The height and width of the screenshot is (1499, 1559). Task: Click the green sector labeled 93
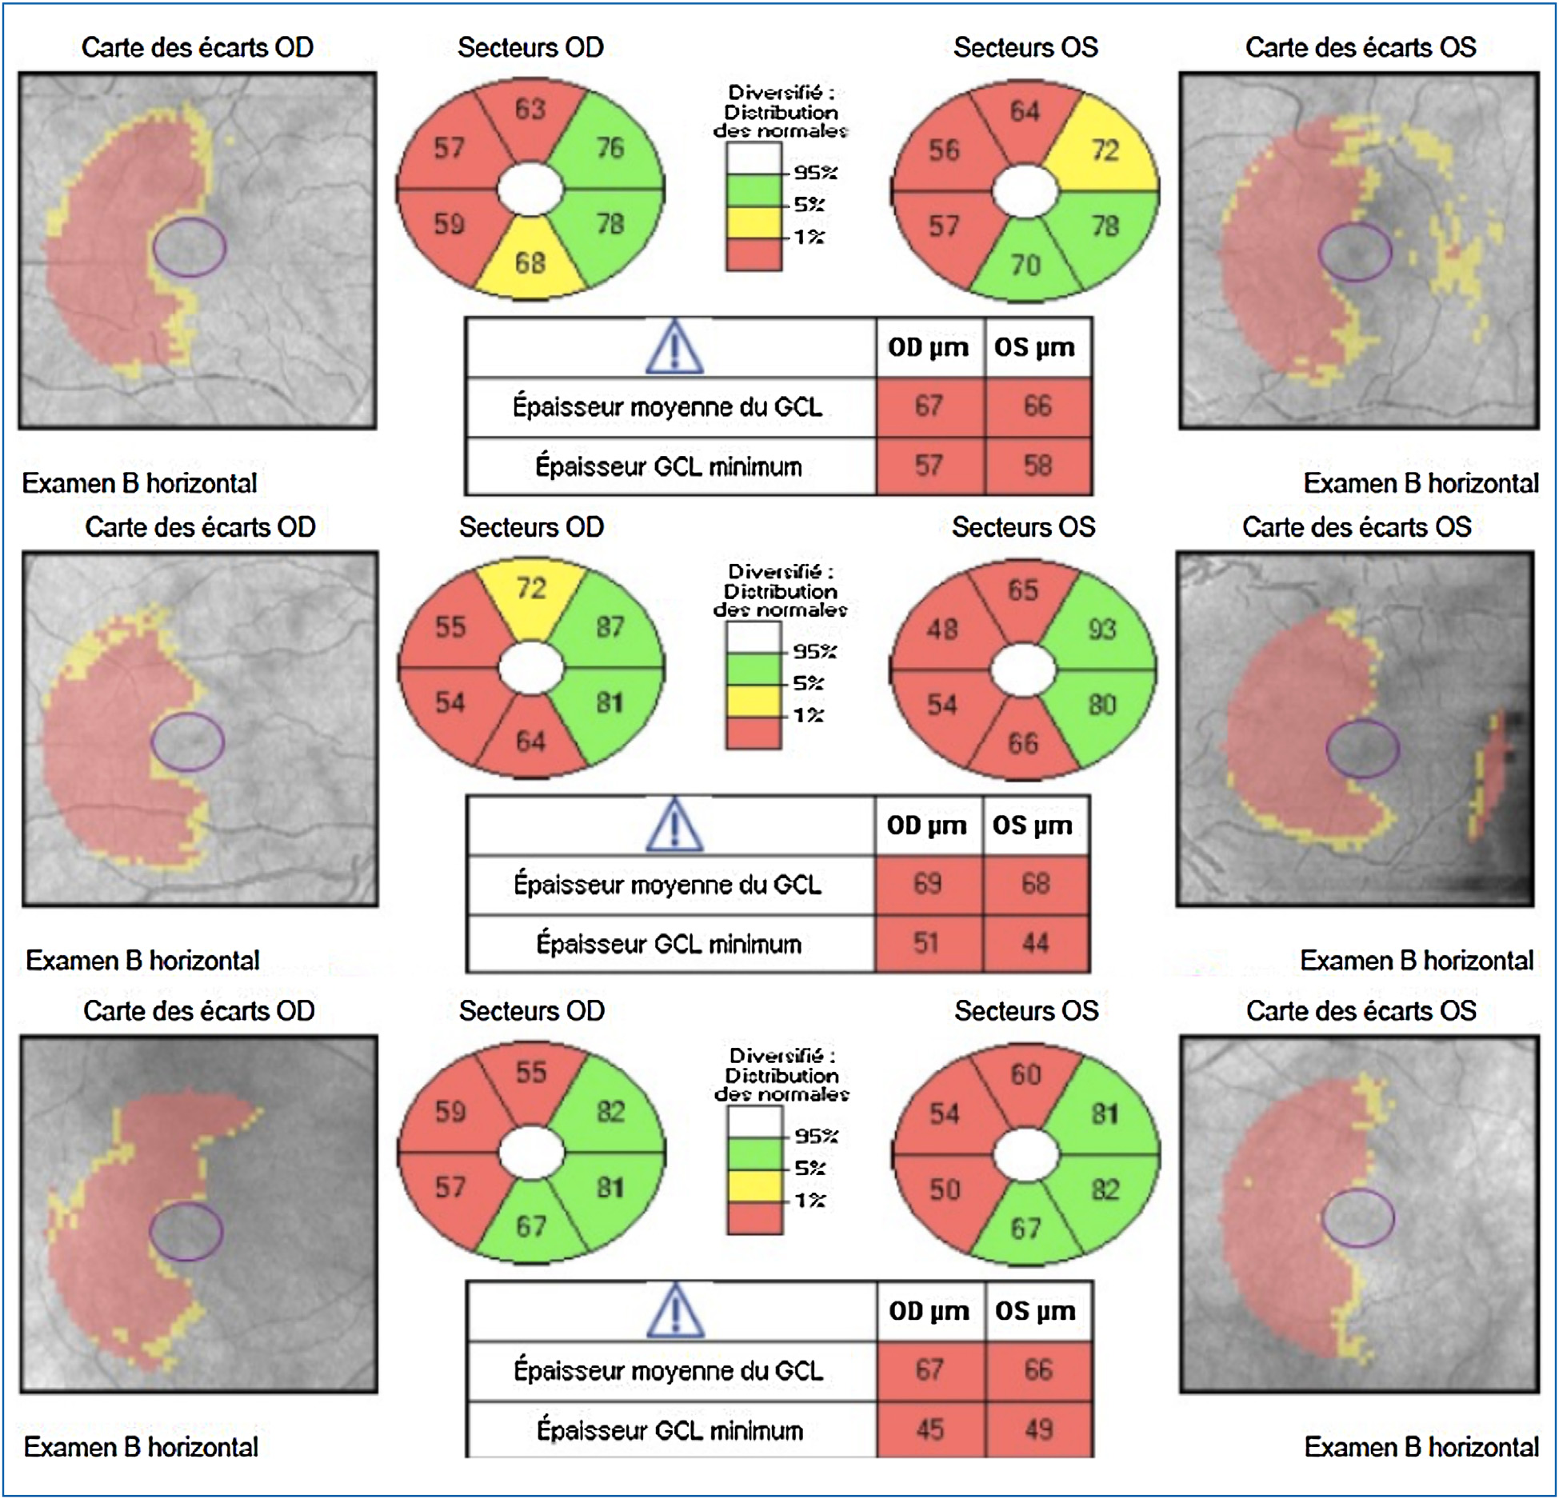coord(1102,629)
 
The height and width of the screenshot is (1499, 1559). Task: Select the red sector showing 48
coord(942,629)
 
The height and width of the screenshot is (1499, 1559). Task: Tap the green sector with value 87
coord(610,626)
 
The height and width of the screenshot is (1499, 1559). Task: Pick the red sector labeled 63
coord(530,109)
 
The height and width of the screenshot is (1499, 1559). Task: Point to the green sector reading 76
coord(610,147)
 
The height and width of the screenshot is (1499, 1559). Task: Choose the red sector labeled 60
coord(1025,1073)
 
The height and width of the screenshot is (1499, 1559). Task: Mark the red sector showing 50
coord(944,1189)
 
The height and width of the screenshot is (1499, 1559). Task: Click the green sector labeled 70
coord(1025,264)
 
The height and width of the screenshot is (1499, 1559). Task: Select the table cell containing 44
coord(1035,943)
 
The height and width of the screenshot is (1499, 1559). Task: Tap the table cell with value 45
coord(929,1429)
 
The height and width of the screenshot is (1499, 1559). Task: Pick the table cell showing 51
coord(926,943)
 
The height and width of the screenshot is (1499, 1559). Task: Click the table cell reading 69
coord(927,884)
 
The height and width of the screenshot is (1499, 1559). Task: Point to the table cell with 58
coord(1037,466)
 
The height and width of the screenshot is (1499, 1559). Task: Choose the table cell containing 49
coord(1038,1429)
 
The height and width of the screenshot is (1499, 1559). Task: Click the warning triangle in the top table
coord(674,349)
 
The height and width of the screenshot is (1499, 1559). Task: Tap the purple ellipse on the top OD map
coord(190,248)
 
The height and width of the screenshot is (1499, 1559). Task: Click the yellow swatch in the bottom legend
coord(754,1184)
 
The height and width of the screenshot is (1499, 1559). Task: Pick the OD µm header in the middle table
coord(926,825)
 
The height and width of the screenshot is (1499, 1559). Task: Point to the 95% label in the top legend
coord(814,172)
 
